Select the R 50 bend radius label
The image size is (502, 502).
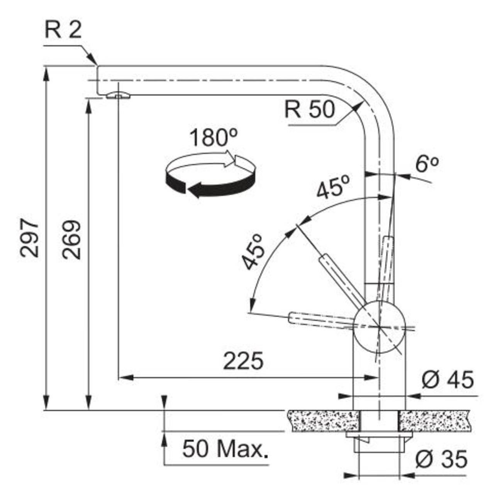coord(309,110)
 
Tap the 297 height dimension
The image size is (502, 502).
coord(29,238)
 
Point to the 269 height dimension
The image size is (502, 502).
coord(72,240)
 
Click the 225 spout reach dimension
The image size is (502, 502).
coord(243,361)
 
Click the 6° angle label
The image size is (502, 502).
coord(427,165)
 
